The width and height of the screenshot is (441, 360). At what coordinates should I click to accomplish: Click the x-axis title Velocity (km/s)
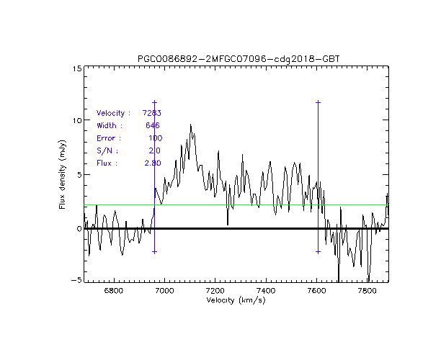click(236, 300)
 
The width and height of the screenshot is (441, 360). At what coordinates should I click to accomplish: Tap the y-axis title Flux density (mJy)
click(63, 175)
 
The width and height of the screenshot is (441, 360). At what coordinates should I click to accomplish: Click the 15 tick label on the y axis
click(76, 68)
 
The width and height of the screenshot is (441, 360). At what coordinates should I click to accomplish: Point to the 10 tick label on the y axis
click(76, 120)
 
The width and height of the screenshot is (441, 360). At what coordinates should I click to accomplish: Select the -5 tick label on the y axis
click(76, 281)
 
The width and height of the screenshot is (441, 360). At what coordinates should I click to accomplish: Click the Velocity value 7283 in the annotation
click(151, 113)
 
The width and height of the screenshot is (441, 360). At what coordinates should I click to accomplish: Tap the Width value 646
click(153, 125)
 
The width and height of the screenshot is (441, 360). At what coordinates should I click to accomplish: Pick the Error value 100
click(155, 138)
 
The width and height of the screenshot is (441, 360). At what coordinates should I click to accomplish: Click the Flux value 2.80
click(152, 163)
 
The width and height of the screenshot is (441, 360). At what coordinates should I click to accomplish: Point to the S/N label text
click(107, 150)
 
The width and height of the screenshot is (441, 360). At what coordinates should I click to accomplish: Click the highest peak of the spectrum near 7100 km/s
click(190, 125)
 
